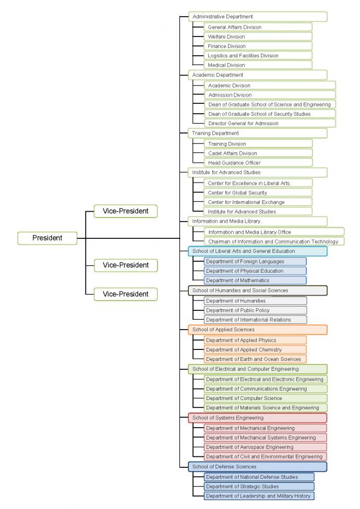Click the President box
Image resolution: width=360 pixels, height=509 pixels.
click(47, 238)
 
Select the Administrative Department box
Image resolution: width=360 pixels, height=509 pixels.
click(257, 17)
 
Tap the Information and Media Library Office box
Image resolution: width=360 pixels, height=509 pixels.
click(273, 232)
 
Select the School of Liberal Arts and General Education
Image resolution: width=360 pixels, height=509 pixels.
click(257, 251)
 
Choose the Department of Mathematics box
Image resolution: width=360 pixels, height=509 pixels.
click(255, 280)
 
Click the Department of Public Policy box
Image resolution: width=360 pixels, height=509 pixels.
click(255, 310)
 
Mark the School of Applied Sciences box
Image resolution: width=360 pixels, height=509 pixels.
click(257, 330)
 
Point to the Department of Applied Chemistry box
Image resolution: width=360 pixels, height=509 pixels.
click(255, 349)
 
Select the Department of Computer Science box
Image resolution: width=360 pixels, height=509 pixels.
click(266, 398)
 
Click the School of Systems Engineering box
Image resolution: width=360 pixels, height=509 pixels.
click(257, 418)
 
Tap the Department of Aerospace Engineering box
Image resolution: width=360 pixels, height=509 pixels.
click(266, 447)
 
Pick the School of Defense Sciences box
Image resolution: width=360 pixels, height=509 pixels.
click(257, 467)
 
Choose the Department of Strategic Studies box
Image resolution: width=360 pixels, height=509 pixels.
click(259, 487)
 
